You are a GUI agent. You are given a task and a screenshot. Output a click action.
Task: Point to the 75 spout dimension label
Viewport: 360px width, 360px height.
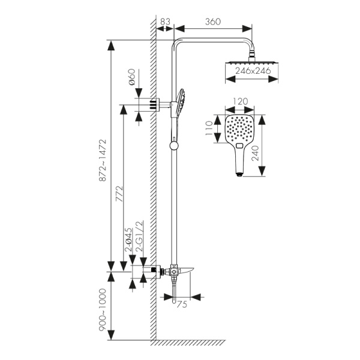pos(182,304)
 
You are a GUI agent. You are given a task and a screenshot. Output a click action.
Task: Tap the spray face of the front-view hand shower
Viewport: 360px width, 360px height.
pos(239,128)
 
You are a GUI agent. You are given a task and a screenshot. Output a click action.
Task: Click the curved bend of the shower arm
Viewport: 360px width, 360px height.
pos(177,43)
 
